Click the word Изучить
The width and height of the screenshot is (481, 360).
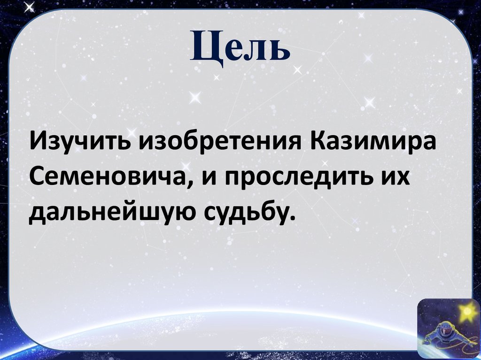[80, 141]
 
